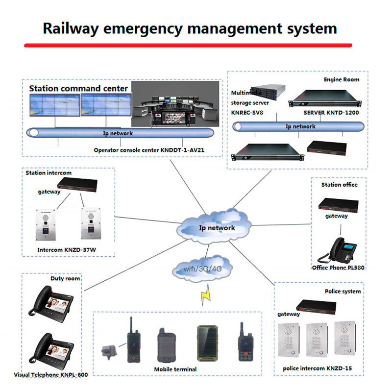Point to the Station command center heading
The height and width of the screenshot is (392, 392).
pyautogui.click(x=78, y=89)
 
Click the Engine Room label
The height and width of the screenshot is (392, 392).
pyautogui.click(x=341, y=79)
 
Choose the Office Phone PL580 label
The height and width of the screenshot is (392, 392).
pyautogui.click(x=339, y=268)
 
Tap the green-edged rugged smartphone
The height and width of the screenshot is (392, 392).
pyautogui.click(x=206, y=343)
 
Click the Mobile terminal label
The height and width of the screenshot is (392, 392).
pyautogui.click(x=175, y=369)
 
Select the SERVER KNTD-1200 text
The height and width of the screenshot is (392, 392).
pyautogui.click(x=331, y=112)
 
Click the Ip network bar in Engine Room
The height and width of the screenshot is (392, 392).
pyautogui.click(x=299, y=126)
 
